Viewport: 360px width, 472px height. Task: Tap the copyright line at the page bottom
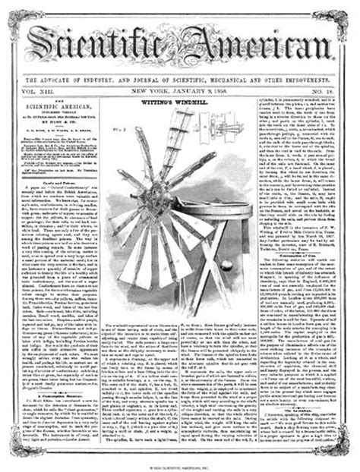[180, 464]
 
